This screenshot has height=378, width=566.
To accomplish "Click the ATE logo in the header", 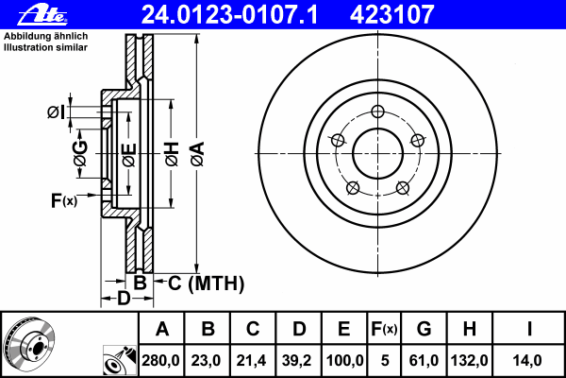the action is pyautogui.click(x=42, y=15).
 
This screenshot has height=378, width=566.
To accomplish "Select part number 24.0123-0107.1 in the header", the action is pyautogui.click(x=230, y=15).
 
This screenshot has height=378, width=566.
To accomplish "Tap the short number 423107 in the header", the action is pyautogui.click(x=392, y=15).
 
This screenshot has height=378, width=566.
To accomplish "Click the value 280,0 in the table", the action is pyautogui.click(x=160, y=361).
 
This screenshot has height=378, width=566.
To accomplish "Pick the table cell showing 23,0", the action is pyautogui.click(x=206, y=361).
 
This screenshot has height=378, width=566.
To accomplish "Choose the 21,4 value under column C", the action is pyautogui.click(x=251, y=361).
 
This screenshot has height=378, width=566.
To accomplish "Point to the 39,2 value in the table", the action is pyautogui.click(x=297, y=361).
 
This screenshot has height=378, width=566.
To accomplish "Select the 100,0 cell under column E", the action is pyautogui.click(x=344, y=361).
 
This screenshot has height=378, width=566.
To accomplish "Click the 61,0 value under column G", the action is pyautogui.click(x=424, y=361).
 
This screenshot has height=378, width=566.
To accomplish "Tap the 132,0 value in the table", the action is pyautogui.click(x=469, y=361).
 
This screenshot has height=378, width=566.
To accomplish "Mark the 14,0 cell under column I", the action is pyautogui.click(x=527, y=361).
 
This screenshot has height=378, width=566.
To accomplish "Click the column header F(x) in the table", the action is pyautogui.click(x=384, y=329).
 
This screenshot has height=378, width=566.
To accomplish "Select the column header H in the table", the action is pyautogui.click(x=469, y=329).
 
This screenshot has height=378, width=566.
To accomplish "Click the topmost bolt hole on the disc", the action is pyautogui.click(x=377, y=112).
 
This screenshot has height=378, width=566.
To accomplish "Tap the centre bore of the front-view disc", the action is pyautogui.click(x=377, y=153).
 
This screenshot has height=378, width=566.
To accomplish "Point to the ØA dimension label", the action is pyautogui.click(x=197, y=154).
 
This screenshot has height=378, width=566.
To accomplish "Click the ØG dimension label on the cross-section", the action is pyautogui.click(x=80, y=153).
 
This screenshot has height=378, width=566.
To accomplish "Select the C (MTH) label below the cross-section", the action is pyautogui.click(x=206, y=283).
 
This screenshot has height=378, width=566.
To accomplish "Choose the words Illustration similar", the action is pyautogui.click(x=45, y=47).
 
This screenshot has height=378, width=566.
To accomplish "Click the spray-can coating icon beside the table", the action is pyautogui.click(x=120, y=360).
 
